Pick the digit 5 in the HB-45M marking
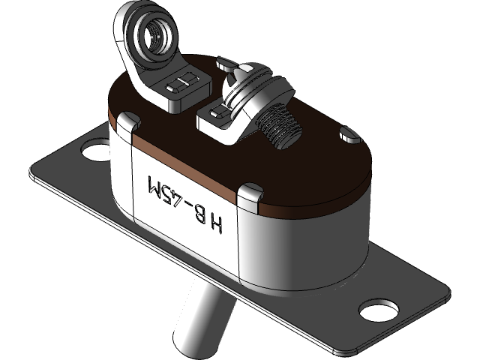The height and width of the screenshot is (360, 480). (169, 193)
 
